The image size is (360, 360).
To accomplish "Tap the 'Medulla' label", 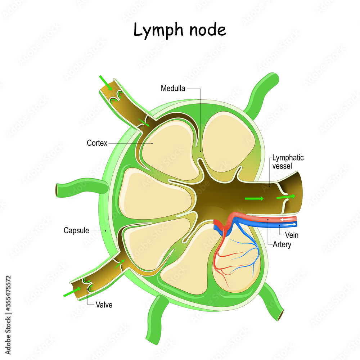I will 173,89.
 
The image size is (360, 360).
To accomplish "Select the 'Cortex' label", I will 97,143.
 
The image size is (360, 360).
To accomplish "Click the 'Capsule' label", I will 76,230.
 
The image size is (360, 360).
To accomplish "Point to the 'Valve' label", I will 104,305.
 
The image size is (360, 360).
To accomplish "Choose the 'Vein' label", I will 292,235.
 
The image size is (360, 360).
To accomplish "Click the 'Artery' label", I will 282,244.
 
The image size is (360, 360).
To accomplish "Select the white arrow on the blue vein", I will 292,224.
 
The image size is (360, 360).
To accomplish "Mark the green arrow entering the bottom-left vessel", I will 71,291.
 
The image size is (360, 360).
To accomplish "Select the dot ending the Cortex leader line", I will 152,143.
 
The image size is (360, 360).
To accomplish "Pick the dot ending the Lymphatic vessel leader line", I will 270,186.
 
